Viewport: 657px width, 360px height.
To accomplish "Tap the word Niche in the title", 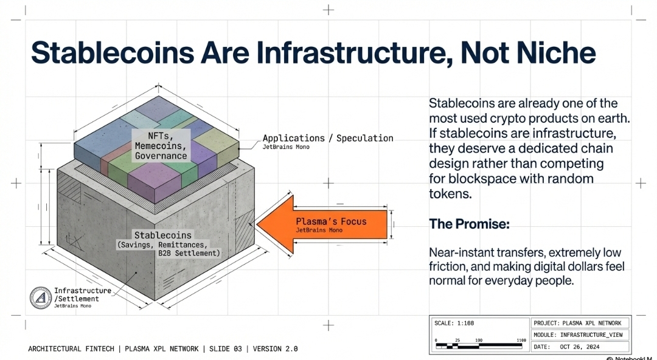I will [558, 52].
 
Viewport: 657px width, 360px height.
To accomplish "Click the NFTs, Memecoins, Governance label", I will [161, 145].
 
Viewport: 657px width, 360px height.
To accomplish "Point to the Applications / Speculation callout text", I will [328, 138].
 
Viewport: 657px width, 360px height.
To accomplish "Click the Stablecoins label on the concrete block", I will [162, 235].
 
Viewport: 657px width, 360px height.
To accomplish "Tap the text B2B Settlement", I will [189, 252].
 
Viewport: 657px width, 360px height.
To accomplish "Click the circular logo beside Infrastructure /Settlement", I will [41, 298].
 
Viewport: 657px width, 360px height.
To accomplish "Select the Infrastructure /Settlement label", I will [82, 295].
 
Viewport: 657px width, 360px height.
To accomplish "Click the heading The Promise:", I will [469, 224].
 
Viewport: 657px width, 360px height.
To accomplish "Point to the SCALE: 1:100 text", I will [453, 323].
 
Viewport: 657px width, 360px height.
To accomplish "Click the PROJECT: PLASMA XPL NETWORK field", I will [577, 323].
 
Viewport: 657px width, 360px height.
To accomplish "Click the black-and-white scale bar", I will [479, 346].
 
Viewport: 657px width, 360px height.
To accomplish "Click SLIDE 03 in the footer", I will [225, 349].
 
